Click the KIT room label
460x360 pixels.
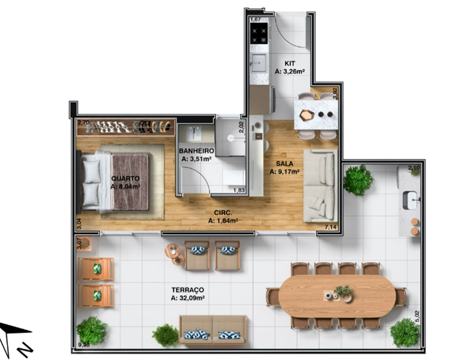[290, 63]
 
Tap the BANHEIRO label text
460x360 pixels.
[196, 151]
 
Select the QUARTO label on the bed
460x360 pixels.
[125, 178]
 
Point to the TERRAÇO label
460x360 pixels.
[188, 290]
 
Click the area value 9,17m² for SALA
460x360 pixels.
[288, 172]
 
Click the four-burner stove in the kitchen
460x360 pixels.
[259, 33]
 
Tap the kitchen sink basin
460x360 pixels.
[259, 63]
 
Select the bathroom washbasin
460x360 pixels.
[194, 133]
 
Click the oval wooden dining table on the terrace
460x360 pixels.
[337, 296]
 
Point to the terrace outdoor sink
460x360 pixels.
[410, 200]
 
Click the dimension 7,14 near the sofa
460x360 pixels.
[331, 227]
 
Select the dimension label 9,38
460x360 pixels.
[84, 345]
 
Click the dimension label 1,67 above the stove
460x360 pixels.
[256, 19]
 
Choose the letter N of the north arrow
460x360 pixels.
[24, 348]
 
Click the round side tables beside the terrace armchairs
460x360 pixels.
[175, 254]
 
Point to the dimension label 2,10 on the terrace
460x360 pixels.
[414, 168]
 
